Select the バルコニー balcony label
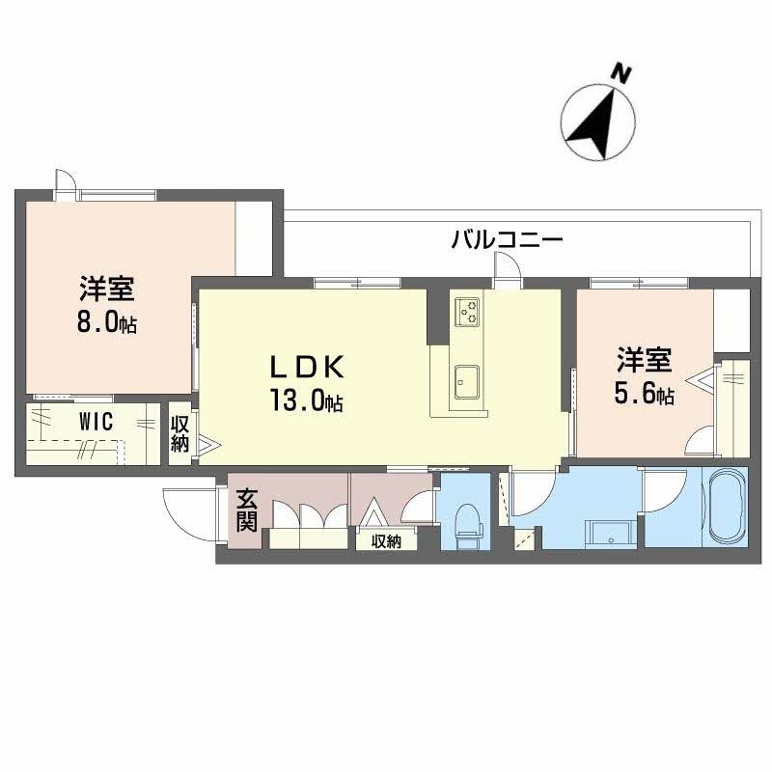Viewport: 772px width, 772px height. (x=507, y=239)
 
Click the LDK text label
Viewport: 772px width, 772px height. (x=306, y=368)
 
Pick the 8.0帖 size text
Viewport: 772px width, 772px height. (x=106, y=323)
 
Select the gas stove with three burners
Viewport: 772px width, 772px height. (x=469, y=311)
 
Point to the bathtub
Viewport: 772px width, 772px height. (x=729, y=508)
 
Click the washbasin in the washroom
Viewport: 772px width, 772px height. (x=608, y=532)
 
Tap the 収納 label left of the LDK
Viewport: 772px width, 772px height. (x=180, y=433)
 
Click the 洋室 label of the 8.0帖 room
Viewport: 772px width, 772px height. (x=106, y=289)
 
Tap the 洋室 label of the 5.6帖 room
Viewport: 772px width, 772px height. (x=644, y=360)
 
